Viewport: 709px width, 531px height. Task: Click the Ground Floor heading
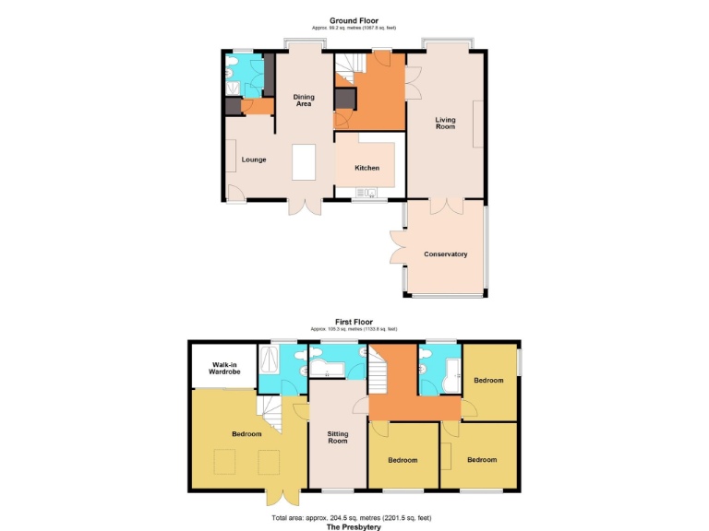point(354,20)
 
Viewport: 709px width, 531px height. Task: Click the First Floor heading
point(354,322)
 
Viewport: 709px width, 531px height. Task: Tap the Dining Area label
point(304,100)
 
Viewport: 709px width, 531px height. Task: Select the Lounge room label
point(254,159)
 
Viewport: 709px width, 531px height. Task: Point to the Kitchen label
point(367,168)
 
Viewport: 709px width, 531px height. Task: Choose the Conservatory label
point(445,254)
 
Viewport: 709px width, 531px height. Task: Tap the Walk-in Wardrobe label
point(224,368)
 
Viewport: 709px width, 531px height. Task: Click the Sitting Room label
point(338,436)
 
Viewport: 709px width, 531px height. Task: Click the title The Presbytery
point(354,527)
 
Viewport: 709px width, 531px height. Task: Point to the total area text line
point(354,518)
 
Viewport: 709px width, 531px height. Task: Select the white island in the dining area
point(304,163)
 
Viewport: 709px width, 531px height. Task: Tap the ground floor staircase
point(346,67)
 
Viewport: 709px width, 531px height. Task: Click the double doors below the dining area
point(304,207)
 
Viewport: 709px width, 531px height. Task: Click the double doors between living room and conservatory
point(445,206)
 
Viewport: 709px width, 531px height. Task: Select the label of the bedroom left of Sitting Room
point(246,433)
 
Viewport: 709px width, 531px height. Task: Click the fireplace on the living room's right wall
point(476,124)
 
